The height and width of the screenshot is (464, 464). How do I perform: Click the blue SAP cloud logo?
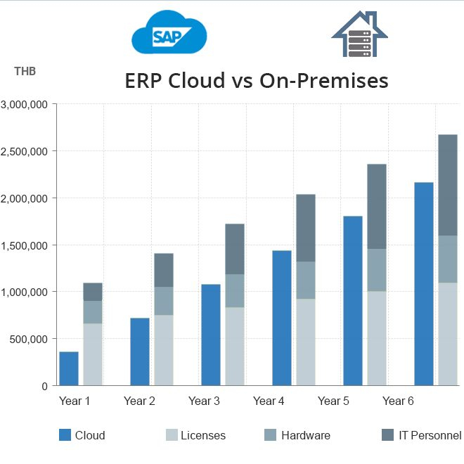pyautogui.click(x=169, y=33)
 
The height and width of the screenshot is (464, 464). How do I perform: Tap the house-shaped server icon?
pyautogui.click(x=359, y=34)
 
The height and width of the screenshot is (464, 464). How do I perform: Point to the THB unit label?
pyautogui.click(x=25, y=71)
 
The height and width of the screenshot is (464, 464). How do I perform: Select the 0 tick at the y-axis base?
pyautogui.click(x=44, y=386)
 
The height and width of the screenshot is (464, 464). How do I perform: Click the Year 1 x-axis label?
pyautogui.click(x=75, y=401)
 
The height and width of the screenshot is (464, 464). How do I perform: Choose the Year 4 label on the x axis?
pyautogui.click(x=269, y=401)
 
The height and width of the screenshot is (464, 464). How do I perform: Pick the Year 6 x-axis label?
pyautogui.click(x=398, y=401)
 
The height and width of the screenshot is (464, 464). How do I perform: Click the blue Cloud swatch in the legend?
pyautogui.click(x=65, y=435)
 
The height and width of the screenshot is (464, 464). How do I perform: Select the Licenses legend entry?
pyautogui.click(x=195, y=435)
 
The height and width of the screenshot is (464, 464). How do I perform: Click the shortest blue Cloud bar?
pyautogui.click(x=69, y=368)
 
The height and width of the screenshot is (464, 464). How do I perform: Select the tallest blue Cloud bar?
pyautogui.click(x=424, y=284)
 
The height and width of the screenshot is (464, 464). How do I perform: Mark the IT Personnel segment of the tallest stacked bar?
pyautogui.click(x=448, y=185)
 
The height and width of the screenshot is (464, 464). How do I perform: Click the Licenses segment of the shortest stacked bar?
pyautogui.click(x=93, y=354)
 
